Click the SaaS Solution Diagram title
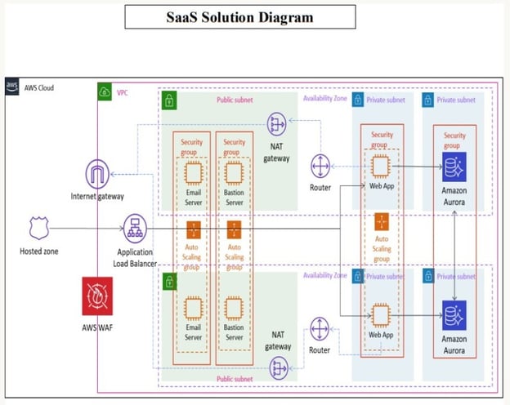click(240, 17)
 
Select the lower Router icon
click(320, 330)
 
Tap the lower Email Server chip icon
click(193, 308)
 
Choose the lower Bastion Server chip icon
click(234, 308)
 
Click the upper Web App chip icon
click(380, 167)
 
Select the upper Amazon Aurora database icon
click(454, 168)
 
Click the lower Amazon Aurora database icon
click(454, 316)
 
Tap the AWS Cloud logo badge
click(12, 86)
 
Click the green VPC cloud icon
click(105, 92)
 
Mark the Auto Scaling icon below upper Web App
click(381, 222)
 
